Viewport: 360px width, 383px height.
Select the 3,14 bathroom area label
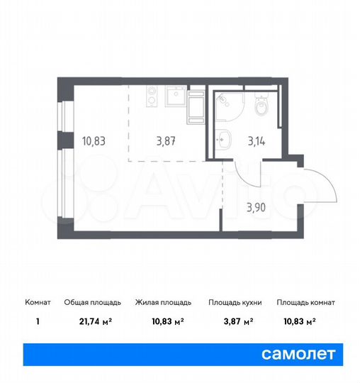[254, 141]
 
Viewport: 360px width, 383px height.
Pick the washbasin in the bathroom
[225, 139]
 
